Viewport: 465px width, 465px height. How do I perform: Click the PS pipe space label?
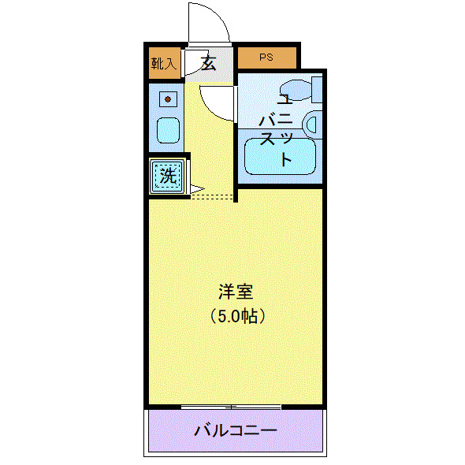pyautogui.click(x=267, y=58)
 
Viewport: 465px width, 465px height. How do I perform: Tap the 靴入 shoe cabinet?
pyautogui.click(x=164, y=63)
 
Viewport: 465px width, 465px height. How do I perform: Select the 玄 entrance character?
pyautogui.click(x=208, y=63)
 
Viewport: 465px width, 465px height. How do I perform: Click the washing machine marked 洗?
pyautogui.click(x=168, y=176)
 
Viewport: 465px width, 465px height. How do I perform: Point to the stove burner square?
pyautogui.click(x=168, y=99)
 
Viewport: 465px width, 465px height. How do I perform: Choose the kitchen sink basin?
pyautogui.click(x=168, y=129)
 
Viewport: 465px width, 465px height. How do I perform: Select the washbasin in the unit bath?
pyautogui.click(x=311, y=124)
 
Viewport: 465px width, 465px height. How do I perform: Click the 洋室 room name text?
pyautogui.click(x=236, y=292)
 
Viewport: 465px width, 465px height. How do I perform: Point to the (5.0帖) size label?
pyautogui.click(x=236, y=316)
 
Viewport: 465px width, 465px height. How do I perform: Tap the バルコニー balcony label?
pyautogui.click(x=235, y=431)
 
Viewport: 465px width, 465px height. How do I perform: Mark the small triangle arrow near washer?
pyautogui.click(x=196, y=189)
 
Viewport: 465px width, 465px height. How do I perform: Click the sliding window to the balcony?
pyautogui.click(x=231, y=407)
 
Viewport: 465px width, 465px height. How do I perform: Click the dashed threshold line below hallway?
pyautogui.click(x=213, y=195)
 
